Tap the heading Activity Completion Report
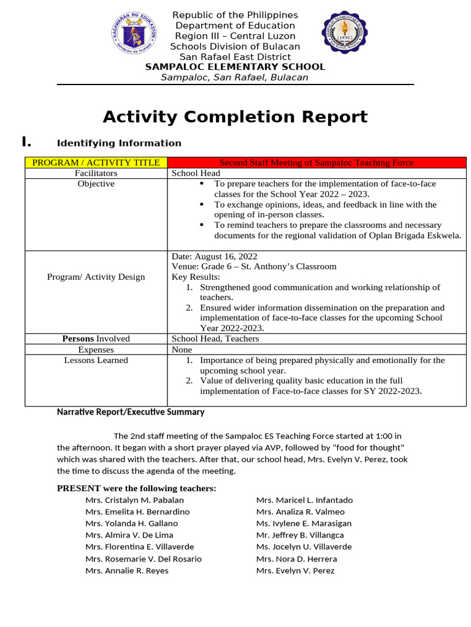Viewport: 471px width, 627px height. click(235, 116)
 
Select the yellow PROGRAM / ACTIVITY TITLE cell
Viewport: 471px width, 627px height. click(96, 162)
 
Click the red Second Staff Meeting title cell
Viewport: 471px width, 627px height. click(316, 162)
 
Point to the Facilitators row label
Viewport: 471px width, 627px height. click(96, 173)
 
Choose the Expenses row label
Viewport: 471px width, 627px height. click(96, 350)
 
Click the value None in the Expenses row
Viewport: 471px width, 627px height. click(182, 350)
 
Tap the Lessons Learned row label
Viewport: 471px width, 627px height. click(96, 360)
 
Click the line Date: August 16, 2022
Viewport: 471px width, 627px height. click(214, 257)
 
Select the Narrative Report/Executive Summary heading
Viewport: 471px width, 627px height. click(130, 412)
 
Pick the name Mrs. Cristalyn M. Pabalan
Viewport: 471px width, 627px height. click(134, 500)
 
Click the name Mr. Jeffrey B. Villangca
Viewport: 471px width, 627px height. click(300, 535)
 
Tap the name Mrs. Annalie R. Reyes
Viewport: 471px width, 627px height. click(127, 571)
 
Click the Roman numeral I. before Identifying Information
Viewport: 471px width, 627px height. click(26, 142)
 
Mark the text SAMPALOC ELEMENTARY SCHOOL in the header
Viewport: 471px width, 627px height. click(235, 67)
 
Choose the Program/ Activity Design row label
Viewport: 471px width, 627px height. click(96, 277)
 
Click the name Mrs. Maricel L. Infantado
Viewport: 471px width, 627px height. click(304, 500)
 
